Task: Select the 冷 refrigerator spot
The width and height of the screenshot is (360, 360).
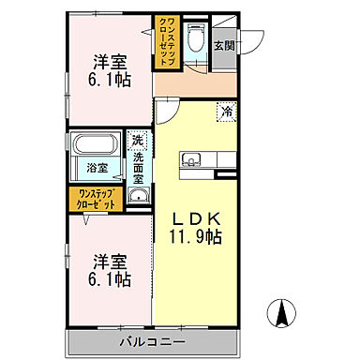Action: click(x=227, y=112)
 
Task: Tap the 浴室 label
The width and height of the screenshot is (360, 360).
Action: click(x=97, y=170)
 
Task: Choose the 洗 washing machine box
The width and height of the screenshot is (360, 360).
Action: click(x=138, y=141)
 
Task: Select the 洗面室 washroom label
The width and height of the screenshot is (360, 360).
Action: click(x=138, y=166)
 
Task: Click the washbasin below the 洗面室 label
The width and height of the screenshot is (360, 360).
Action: click(x=138, y=196)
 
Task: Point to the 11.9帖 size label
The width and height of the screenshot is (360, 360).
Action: click(x=195, y=238)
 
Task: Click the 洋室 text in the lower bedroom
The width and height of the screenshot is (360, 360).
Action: click(x=111, y=260)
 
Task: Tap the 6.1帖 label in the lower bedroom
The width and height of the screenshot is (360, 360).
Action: click(x=111, y=279)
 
